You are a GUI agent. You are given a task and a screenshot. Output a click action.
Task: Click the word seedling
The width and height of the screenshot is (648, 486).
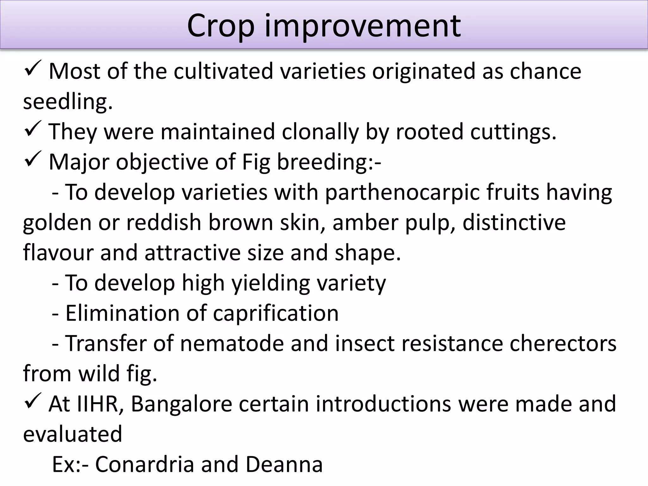coord(68,102)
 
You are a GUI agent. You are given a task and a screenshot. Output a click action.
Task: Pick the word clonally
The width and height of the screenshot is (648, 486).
coord(320,132)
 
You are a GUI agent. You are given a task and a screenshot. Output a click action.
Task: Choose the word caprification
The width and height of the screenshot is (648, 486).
coord(276,313)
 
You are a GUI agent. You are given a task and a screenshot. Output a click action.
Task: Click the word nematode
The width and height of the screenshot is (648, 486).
coord(232,343)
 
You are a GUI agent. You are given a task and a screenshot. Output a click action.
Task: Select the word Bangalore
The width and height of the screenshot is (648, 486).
coord(181,404)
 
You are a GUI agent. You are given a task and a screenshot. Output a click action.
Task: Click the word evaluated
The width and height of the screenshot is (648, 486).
coord(72,434)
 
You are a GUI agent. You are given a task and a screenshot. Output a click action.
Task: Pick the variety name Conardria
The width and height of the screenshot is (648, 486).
coord(144,464)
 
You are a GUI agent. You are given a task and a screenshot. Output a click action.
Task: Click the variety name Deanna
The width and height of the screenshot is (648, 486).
coord(284,464)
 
